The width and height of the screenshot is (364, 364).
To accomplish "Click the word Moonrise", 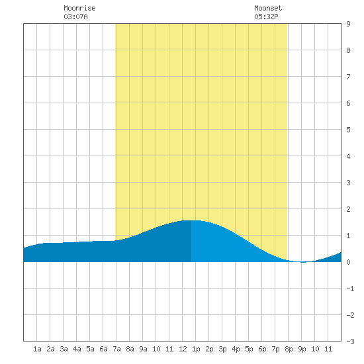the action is (79, 8).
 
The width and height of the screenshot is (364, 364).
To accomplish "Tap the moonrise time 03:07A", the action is (75, 17).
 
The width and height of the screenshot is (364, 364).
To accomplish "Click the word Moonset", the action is (268, 8).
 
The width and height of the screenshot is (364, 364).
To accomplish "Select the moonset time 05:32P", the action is (266, 17).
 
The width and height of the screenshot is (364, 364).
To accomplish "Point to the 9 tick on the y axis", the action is (348, 24).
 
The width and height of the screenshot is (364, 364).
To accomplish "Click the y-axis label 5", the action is (348, 130).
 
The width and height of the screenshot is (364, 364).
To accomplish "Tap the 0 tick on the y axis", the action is (348, 262).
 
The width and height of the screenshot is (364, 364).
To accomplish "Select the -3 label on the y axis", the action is (350, 341).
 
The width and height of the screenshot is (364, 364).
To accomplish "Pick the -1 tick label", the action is (350, 289).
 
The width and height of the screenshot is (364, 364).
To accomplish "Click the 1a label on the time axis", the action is (37, 349).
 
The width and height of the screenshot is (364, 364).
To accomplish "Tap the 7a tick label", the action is (116, 349).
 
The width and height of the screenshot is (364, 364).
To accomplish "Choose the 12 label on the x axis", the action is (183, 349).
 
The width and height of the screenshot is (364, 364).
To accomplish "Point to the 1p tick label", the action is (196, 349).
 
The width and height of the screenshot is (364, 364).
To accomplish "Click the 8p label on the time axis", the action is (289, 349).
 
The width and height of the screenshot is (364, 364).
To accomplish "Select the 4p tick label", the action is (236, 349).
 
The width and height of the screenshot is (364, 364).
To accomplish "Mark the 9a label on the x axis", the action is (143, 349).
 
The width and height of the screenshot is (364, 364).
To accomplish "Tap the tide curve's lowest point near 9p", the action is (303, 262).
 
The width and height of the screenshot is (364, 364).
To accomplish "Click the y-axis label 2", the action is (348, 209).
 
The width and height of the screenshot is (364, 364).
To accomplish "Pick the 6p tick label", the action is (262, 349).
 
